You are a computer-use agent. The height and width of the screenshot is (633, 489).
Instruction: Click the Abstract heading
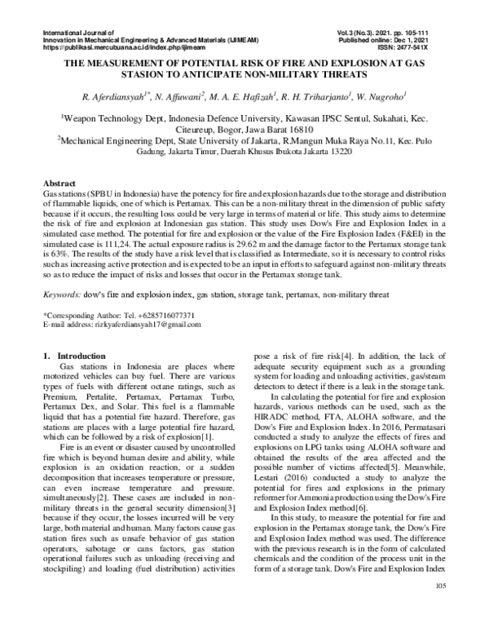pos(58,185)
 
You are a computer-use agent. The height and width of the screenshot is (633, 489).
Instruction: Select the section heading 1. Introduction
pos(73,356)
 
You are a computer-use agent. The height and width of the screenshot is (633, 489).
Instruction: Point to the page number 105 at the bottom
pos(442,609)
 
